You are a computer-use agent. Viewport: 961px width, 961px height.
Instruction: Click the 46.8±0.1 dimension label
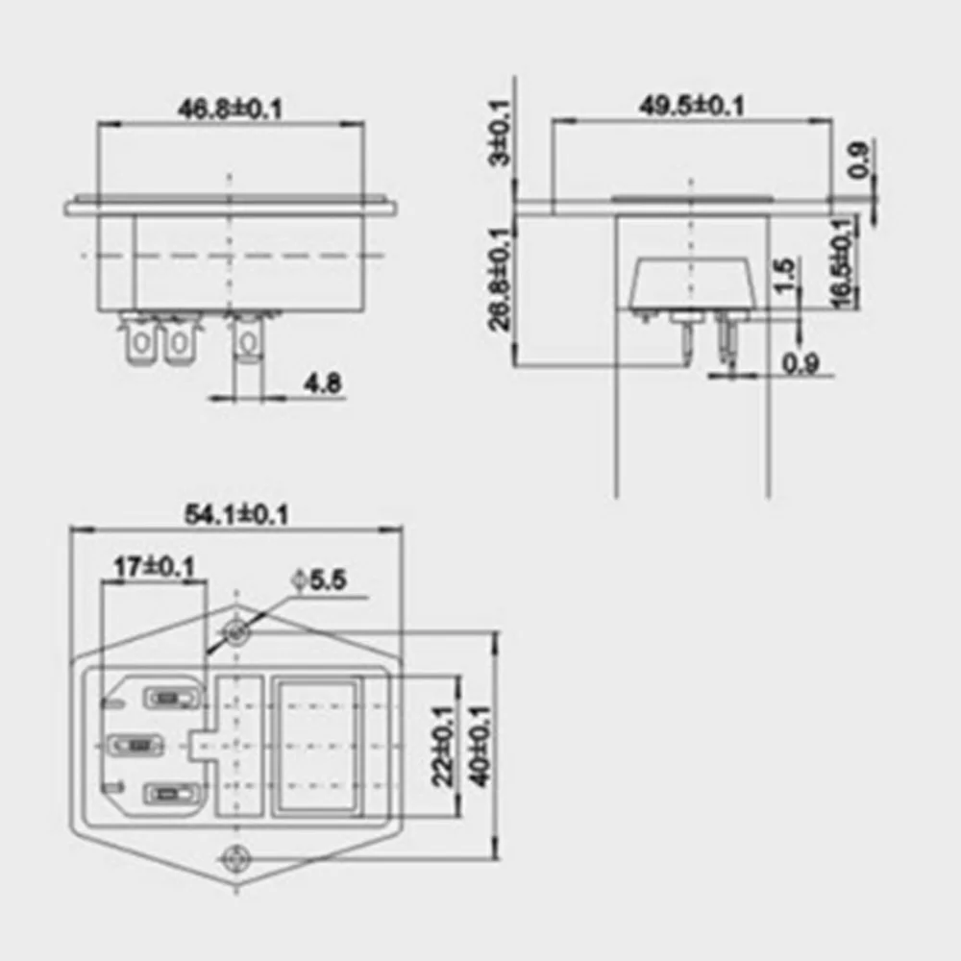pyautogui.click(x=231, y=110)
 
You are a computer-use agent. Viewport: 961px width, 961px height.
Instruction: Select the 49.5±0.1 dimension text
pyautogui.click(x=691, y=106)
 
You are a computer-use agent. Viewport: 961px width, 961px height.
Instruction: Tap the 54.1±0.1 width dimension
pyautogui.click(x=236, y=514)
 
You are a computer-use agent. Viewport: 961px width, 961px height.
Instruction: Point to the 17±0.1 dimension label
pyautogui.click(x=155, y=567)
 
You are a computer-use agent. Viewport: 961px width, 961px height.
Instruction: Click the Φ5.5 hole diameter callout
pyautogui.click(x=319, y=579)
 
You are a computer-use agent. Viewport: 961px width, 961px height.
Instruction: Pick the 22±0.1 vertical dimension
pyautogui.click(x=443, y=746)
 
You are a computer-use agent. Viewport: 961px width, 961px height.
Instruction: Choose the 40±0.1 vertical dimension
pyautogui.click(x=480, y=746)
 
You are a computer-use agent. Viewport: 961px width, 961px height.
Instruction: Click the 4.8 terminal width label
pyautogui.click(x=323, y=383)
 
